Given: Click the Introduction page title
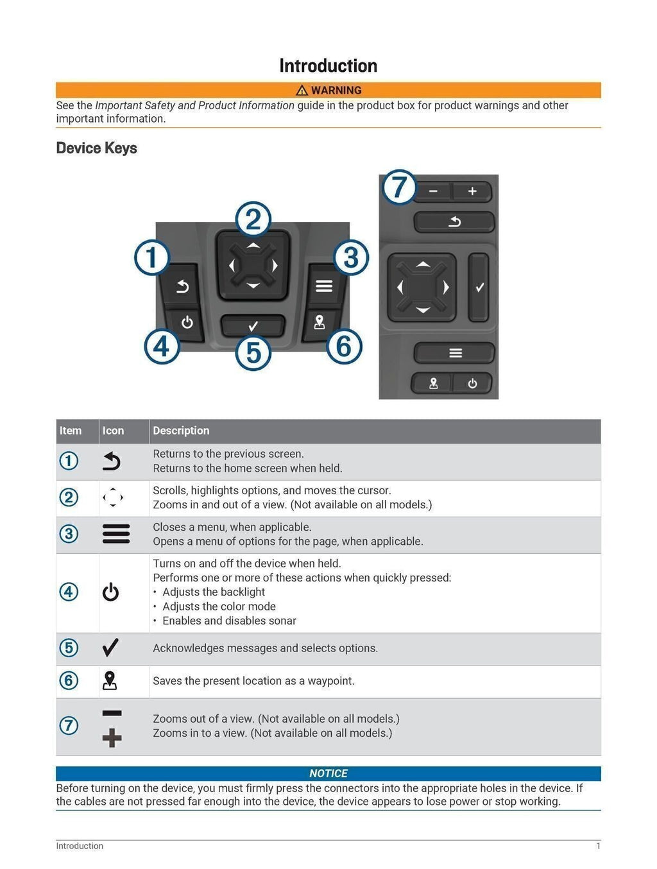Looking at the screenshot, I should [328, 65].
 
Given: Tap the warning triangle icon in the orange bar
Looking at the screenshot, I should [302, 90].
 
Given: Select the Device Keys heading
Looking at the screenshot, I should [96, 148].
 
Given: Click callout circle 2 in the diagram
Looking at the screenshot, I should [253, 220].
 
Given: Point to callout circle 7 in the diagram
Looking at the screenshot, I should [399, 187].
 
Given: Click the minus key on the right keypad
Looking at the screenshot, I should [433, 191].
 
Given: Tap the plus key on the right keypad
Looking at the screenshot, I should [472, 191].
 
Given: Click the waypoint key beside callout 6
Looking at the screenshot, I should [319, 322].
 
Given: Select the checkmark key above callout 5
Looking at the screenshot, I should [253, 325].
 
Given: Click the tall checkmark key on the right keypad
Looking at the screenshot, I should [479, 288].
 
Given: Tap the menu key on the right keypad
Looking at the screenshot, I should [455, 353].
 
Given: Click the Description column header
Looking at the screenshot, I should [181, 431].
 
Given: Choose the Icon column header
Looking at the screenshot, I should [113, 431].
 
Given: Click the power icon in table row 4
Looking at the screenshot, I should [111, 592].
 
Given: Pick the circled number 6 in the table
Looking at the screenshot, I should [69, 680].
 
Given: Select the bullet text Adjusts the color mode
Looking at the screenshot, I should [219, 607].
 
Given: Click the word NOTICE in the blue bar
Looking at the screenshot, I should [328, 773].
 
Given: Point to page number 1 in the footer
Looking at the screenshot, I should [598, 846].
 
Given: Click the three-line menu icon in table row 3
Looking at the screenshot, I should [116, 534].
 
